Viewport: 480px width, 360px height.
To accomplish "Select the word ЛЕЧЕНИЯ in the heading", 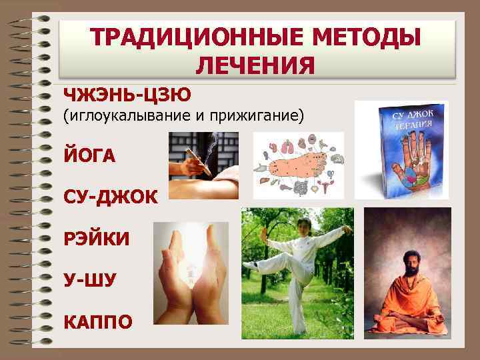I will click(x=256, y=67).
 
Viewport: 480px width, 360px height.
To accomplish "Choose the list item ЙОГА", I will click(x=89, y=155).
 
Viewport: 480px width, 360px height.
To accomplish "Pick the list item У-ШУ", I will click(x=89, y=281).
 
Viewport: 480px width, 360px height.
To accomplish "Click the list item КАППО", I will click(x=97, y=322).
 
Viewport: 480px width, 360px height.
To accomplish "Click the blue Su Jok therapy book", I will click(x=409, y=151).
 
